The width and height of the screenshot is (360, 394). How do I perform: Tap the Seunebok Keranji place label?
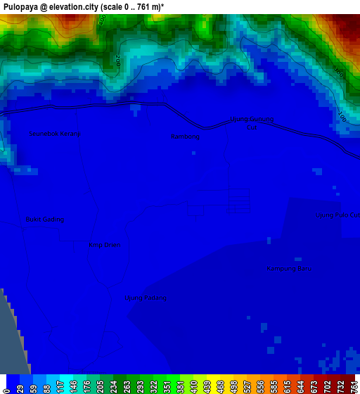point(53,134)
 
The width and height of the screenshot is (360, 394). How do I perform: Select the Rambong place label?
point(186,137)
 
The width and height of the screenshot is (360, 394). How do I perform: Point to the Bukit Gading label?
point(45,220)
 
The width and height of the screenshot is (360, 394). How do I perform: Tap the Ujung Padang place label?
point(145,298)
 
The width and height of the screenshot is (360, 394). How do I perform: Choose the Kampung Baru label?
point(289,269)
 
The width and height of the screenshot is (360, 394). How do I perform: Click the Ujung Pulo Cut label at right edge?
point(337,215)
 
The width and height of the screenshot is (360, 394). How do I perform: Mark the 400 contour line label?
point(103,23)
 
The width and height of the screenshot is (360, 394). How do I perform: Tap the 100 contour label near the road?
point(342,117)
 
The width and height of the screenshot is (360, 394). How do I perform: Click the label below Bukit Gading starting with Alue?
point(105,246)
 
